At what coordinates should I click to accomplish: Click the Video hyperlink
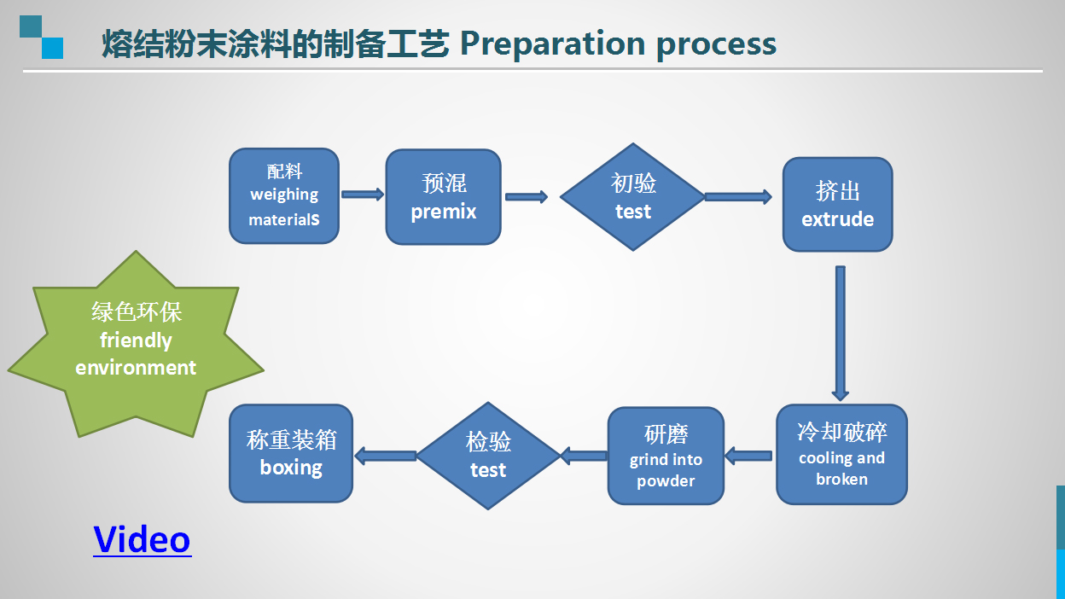point(143,539)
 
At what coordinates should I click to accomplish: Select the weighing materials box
point(284,196)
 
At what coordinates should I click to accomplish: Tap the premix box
point(443,197)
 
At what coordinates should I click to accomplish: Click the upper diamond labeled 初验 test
point(633,197)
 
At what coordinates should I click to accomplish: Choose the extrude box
point(837,205)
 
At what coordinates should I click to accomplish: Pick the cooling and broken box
point(841,455)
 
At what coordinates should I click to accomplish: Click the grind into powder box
point(666,456)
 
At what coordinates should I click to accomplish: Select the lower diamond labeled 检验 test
point(488,456)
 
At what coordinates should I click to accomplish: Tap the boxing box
point(291,454)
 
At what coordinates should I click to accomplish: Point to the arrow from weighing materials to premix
point(363,195)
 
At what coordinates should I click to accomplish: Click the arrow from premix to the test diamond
point(527,197)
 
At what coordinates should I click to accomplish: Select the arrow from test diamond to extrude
point(738,197)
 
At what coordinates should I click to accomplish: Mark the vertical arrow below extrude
point(840,334)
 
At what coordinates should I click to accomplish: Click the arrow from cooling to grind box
point(748,457)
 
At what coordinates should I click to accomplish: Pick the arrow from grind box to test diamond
point(584,456)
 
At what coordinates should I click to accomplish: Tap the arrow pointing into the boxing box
point(386,456)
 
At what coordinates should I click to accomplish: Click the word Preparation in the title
point(552,44)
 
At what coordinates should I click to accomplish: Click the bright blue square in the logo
point(52,48)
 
